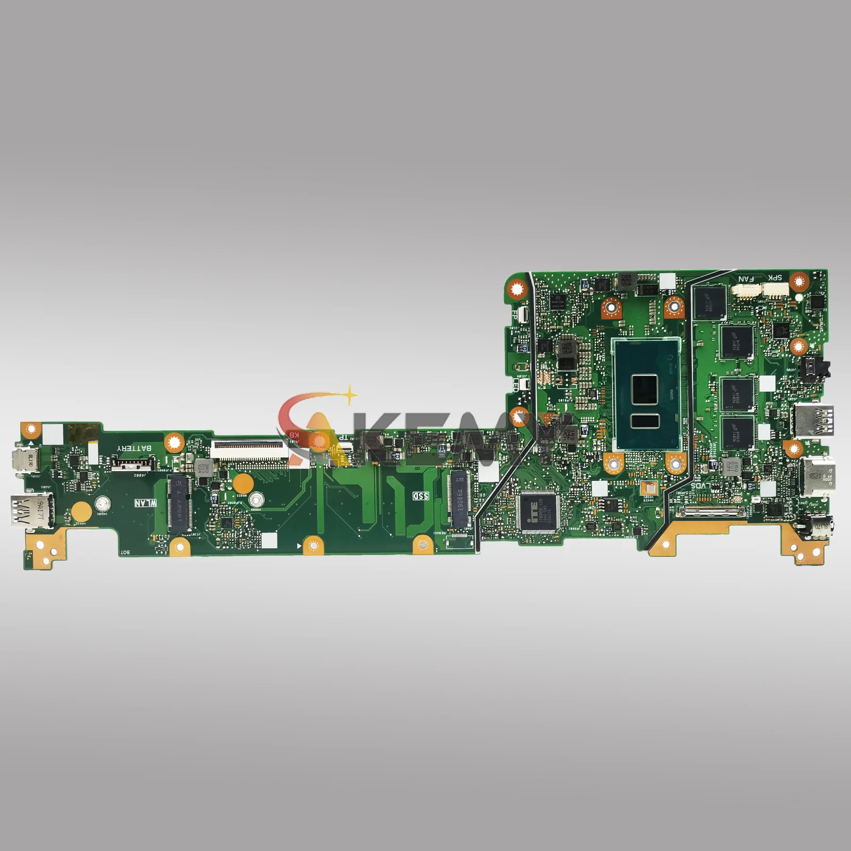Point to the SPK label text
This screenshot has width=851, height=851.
[x=775, y=278]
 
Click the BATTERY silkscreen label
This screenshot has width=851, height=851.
[x=134, y=448]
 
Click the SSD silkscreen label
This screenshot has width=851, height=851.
[x=421, y=496]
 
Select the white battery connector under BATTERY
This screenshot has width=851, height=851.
[x=131, y=465]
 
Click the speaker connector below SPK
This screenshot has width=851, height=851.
[x=774, y=290]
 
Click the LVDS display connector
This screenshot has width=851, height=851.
[x=710, y=513]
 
